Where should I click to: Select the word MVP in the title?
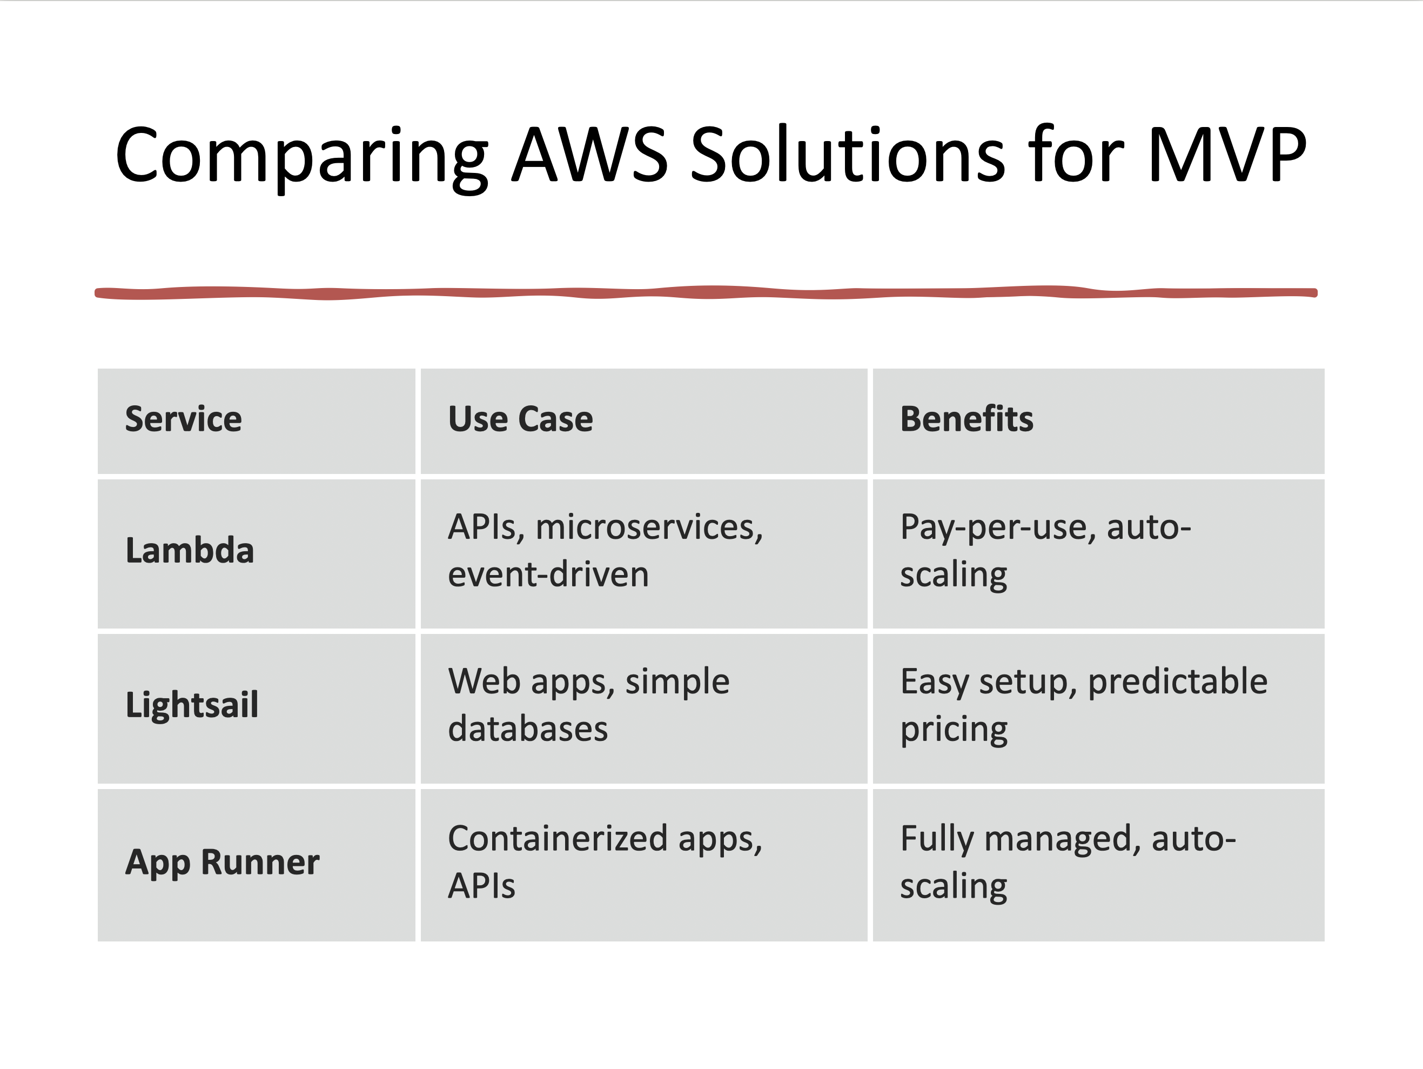click(1226, 156)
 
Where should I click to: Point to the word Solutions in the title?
click(847, 156)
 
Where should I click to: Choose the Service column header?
click(183, 419)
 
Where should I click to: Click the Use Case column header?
click(520, 419)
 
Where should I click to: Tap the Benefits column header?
click(966, 419)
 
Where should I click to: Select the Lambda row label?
click(190, 551)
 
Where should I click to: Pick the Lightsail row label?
click(192, 705)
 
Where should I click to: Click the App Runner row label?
click(222, 863)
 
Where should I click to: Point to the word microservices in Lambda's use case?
click(648, 527)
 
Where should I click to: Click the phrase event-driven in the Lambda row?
click(548, 574)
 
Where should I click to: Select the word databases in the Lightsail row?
click(527, 729)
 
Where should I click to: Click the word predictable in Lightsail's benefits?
click(1177, 682)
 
